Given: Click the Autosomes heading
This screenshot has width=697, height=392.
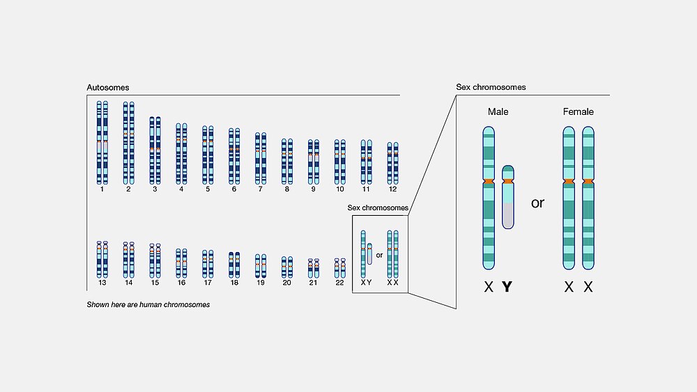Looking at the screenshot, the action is pos(107,88).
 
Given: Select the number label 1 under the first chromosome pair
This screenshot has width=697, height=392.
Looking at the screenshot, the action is pos(102,189).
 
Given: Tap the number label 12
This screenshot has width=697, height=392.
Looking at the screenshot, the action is pos(392,189).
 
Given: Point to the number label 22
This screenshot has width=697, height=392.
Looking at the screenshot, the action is pos(339,283).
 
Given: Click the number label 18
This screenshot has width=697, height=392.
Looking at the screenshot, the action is pos(234,283).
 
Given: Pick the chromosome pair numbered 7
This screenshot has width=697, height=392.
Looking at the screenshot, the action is pos(261,159).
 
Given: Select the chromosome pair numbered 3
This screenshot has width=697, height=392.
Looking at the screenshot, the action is pos(155,150).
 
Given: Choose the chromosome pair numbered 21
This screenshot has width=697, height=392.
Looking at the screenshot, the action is pos(314,268).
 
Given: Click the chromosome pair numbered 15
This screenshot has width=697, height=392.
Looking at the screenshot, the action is pos(155,260).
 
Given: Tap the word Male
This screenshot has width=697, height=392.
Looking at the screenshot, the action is pos(498,112).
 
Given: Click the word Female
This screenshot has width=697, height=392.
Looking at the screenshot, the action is pos(578,112).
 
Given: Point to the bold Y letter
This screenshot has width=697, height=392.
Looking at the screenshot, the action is pos(507,287).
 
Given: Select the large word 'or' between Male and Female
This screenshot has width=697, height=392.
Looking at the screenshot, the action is pos(537,203).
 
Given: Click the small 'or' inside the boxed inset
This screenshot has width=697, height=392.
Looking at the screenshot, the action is pos(379,256).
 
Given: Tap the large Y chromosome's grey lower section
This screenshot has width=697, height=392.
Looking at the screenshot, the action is pos(508,215).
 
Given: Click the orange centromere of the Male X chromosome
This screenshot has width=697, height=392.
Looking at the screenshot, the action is pos(489,181).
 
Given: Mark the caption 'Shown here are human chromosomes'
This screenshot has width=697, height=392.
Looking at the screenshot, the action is pos(148,304).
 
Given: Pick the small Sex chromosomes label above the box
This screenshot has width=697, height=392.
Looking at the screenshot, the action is pos(378,207).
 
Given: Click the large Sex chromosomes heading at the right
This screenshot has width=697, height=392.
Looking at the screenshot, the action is pos(491,87).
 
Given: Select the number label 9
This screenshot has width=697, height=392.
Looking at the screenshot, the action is pos(314,189).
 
